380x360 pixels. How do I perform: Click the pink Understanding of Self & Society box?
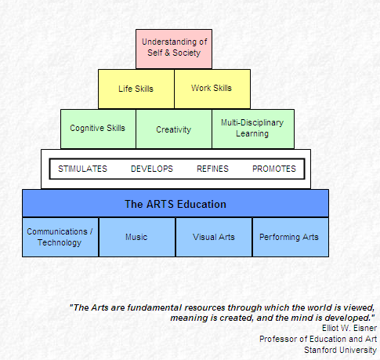coord(174,49)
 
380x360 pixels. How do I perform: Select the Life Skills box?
coord(136,89)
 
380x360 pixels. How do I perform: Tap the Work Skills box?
coord(212,89)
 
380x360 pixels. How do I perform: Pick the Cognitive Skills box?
coord(98,129)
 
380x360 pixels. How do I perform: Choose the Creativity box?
coord(174,129)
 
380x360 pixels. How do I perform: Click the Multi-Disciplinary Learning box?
coord(253,129)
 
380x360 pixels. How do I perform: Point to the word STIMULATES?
coord(82,169)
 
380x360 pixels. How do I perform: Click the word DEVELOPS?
coord(152,169)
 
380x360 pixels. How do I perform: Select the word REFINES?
coord(212,169)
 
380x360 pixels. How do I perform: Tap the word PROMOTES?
coord(274,169)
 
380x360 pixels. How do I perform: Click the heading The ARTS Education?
coord(176,204)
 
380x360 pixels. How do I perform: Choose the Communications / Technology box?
coord(60,237)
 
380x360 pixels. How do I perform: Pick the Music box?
coord(137,237)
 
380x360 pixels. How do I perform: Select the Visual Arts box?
coord(214,237)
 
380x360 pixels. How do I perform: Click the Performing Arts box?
coord(291,237)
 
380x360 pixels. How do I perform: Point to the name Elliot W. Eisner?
coord(349,328)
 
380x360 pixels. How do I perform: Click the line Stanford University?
coord(340,350)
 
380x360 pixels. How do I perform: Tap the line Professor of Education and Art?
coord(318,339)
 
